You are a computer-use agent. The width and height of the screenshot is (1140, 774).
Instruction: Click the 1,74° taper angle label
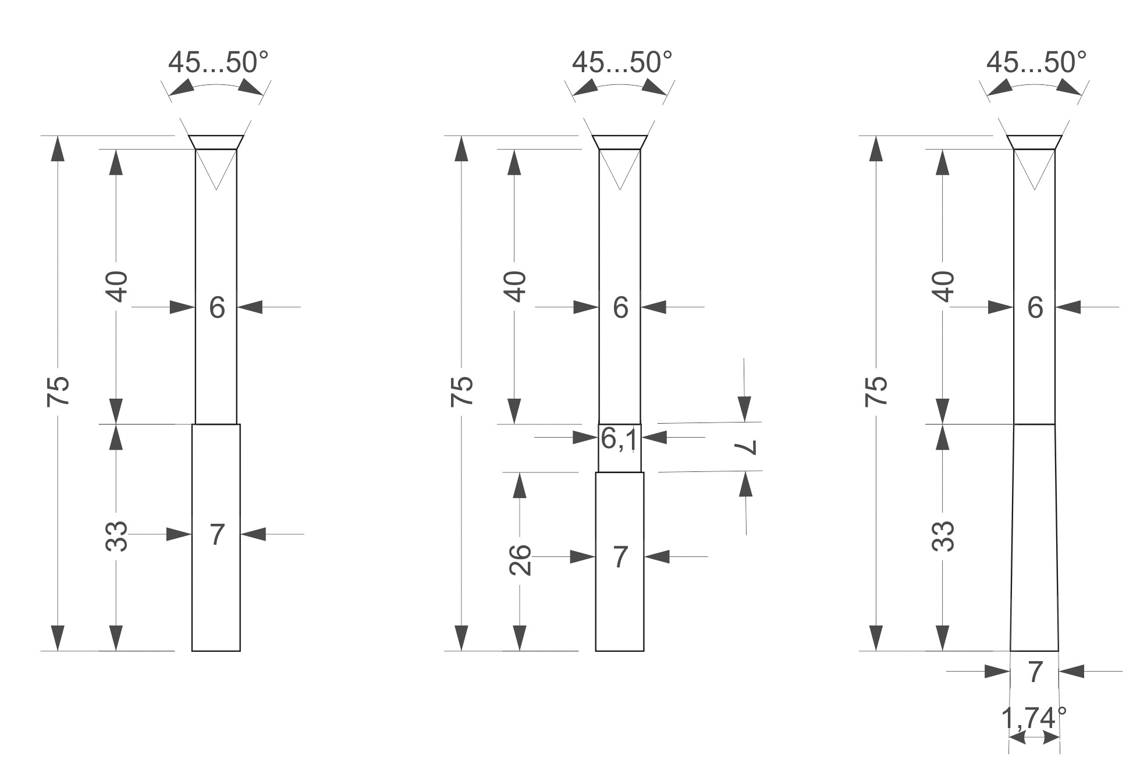click(1034, 718)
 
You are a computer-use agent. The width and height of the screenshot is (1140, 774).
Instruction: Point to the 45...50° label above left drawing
click(218, 62)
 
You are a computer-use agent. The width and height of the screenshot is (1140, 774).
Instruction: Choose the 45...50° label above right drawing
click(1036, 62)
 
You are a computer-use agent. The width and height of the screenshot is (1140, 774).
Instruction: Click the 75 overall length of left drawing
click(59, 391)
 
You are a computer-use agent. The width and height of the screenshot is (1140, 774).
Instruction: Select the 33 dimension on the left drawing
click(117, 536)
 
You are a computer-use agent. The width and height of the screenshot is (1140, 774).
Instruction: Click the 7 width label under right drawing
click(1035, 673)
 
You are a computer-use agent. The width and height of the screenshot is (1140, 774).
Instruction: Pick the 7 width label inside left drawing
click(216, 535)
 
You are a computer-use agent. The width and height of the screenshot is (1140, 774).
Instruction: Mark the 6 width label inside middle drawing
click(620, 307)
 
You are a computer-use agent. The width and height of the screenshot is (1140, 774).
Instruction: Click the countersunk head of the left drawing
click(216, 142)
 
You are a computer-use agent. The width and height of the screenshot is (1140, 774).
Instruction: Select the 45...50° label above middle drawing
click(622, 62)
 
